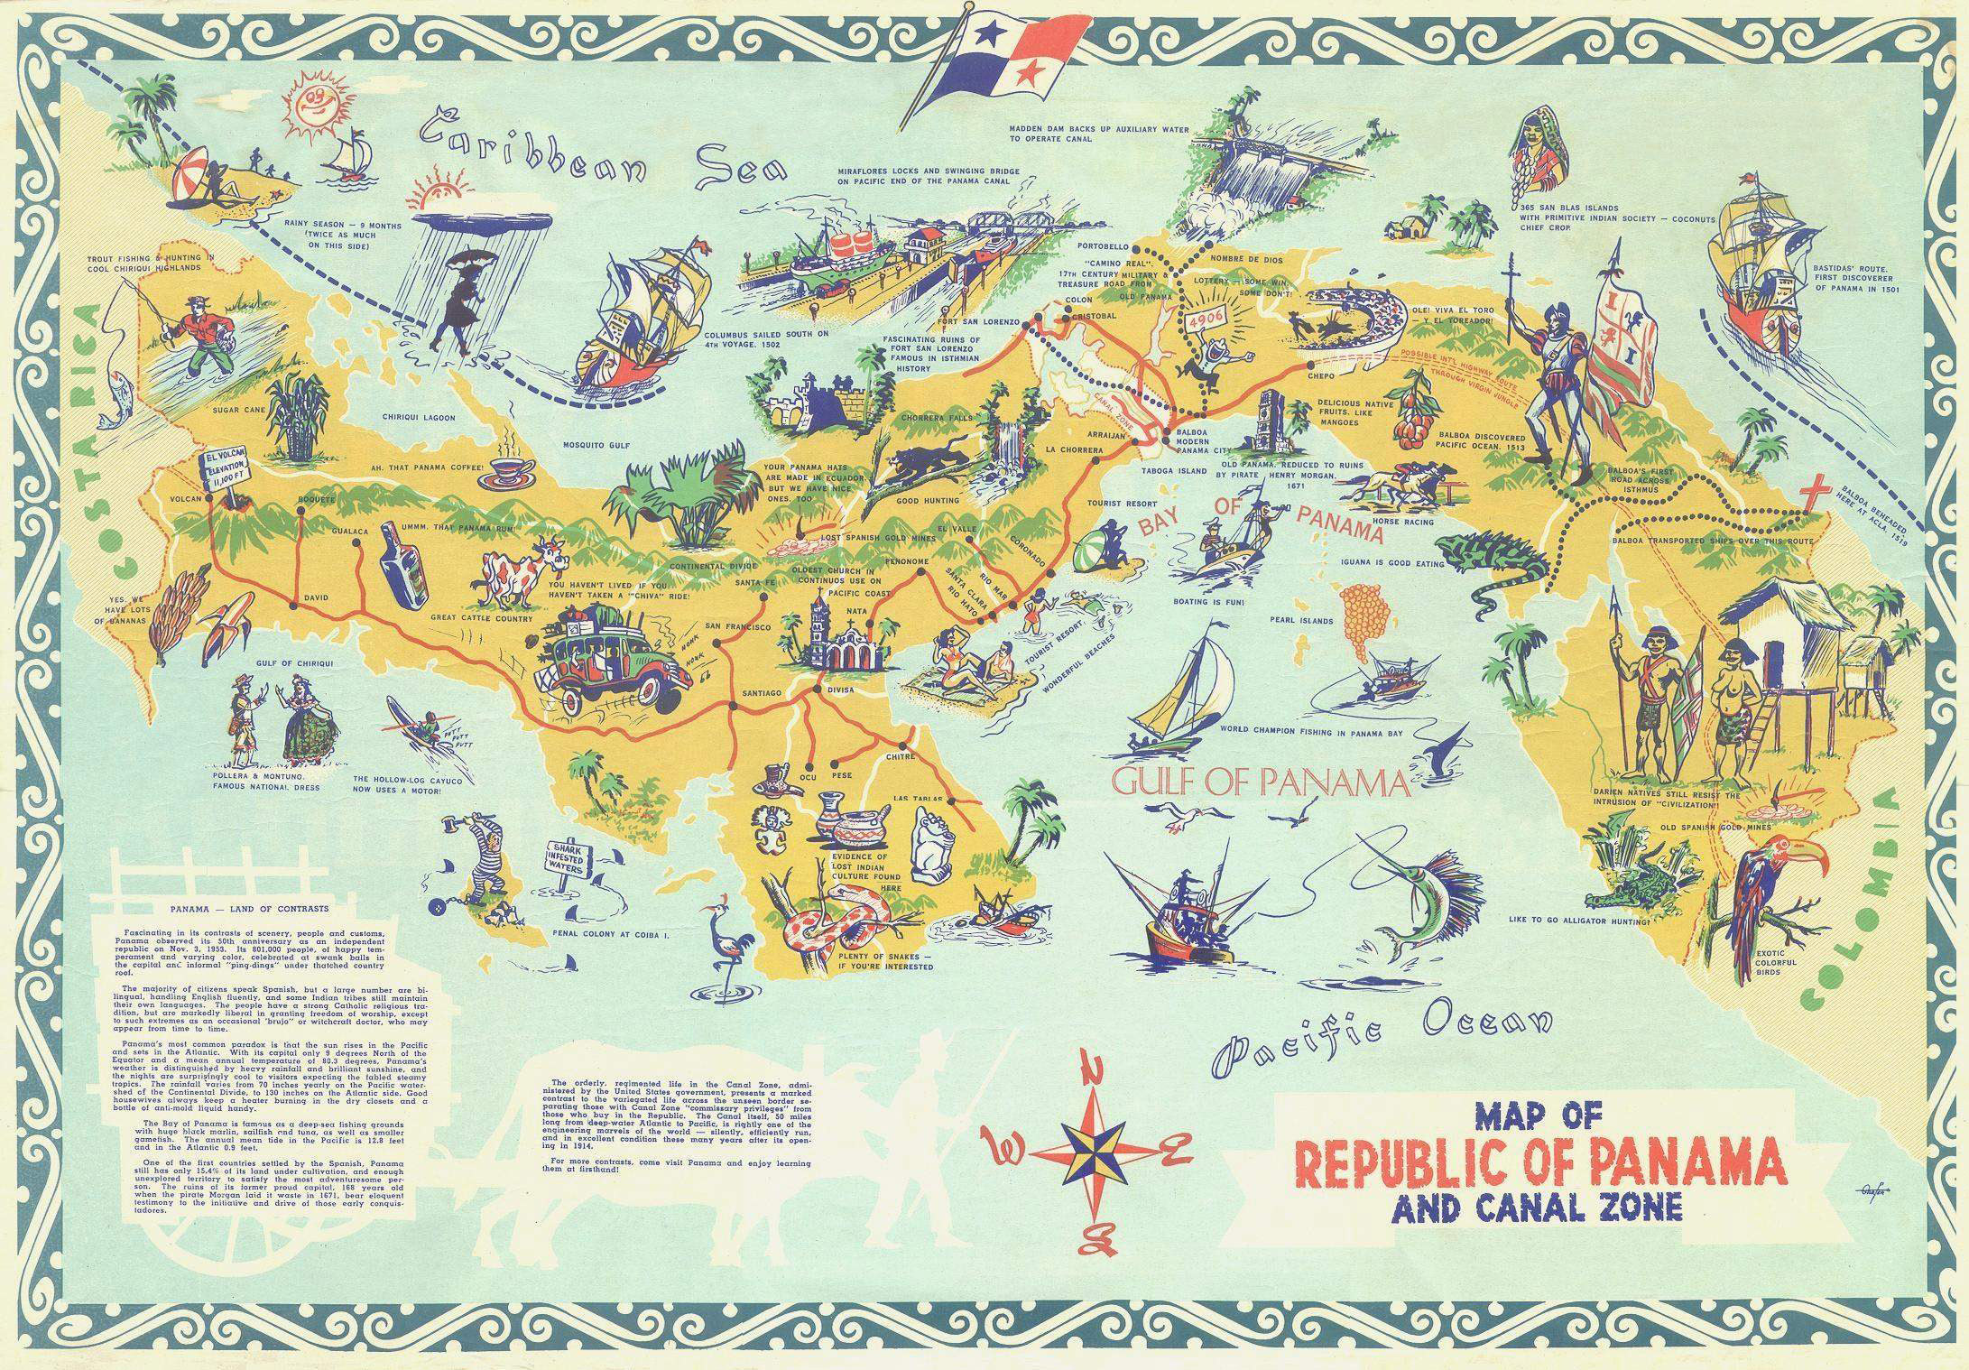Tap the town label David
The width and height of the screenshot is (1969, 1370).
317,597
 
